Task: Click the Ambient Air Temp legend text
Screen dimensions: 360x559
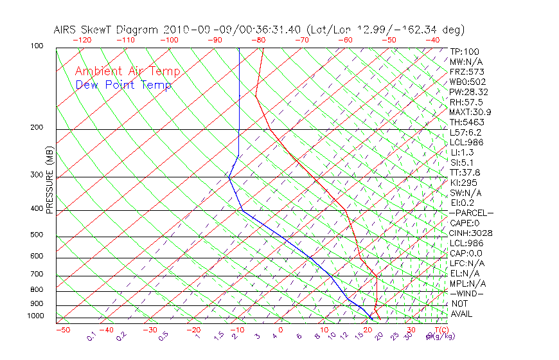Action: pos(127,71)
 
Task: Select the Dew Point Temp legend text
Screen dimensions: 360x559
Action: pos(123,85)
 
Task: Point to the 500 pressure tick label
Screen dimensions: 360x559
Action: pos(37,235)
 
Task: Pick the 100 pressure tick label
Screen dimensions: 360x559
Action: pos(37,46)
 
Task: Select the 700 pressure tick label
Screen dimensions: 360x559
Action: pos(37,274)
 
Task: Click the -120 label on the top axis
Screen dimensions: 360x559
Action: pos(82,40)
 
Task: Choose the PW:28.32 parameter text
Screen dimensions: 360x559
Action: pos(466,92)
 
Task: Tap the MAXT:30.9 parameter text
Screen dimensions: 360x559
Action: pos(468,112)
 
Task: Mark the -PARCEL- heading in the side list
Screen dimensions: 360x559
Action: pos(471,213)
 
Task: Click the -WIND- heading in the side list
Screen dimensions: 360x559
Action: pos(467,293)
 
